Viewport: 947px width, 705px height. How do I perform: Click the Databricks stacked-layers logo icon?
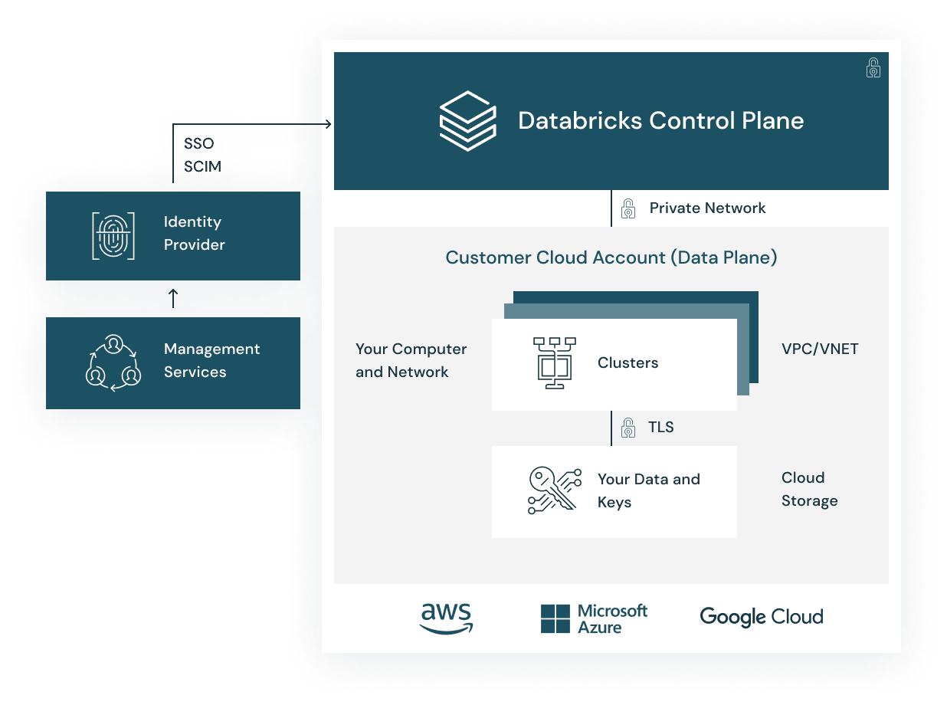click(467, 120)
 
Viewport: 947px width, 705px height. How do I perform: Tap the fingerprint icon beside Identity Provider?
click(113, 235)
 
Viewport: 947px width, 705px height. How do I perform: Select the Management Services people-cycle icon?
click(113, 362)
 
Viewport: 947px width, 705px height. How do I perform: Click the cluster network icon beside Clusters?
click(554, 362)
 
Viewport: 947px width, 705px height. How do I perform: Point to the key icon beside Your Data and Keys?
click(554, 490)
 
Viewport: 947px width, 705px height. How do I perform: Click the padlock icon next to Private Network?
click(628, 208)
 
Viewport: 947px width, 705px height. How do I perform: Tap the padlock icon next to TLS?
click(628, 427)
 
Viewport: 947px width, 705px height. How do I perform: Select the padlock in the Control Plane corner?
click(873, 68)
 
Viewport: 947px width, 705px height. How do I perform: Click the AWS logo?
click(446, 618)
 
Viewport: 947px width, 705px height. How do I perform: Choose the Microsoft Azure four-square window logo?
click(555, 618)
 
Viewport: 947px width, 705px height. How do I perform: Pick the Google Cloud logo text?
click(761, 617)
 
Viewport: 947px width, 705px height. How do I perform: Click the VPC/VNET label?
click(820, 349)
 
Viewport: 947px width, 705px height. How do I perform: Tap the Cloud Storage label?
click(809, 489)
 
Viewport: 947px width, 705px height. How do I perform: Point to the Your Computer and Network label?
click(411, 360)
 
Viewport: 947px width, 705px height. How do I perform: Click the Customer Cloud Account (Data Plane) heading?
click(611, 257)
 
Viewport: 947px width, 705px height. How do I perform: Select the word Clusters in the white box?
click(628, 362)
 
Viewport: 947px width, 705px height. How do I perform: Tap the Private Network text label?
click(707, 208)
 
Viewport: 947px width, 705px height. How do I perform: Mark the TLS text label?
click(660, 427)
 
